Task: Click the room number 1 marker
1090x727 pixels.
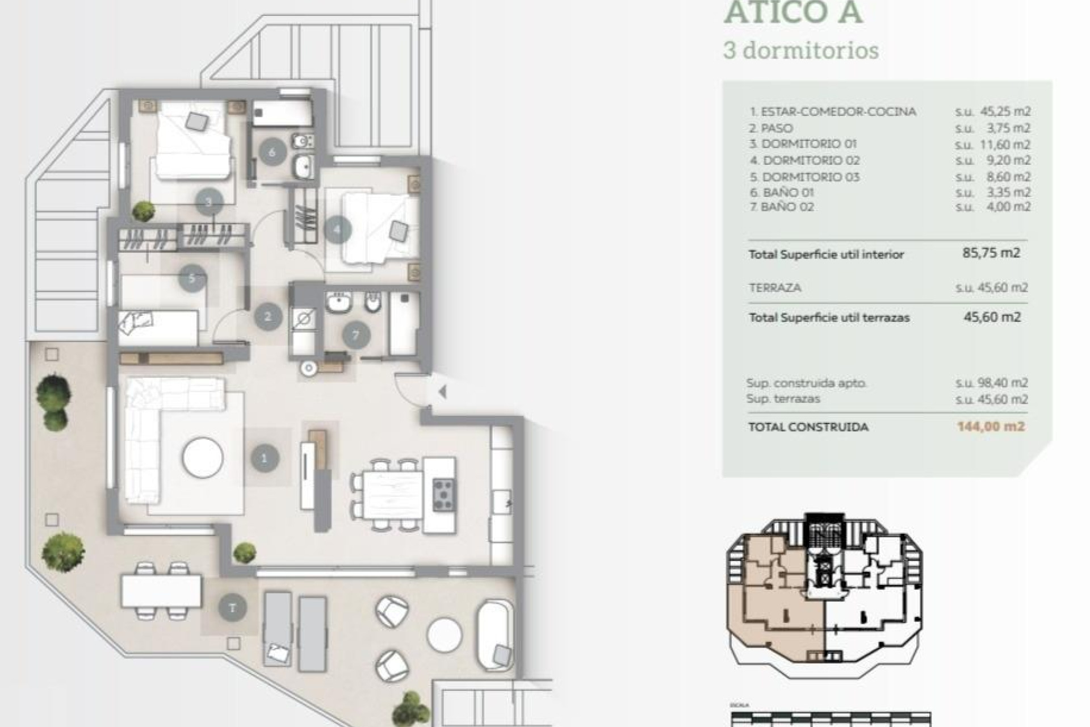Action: [x=264, y=458]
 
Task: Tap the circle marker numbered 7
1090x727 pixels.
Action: [x=356, y=335]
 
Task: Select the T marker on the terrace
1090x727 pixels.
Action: [x=232, y=608]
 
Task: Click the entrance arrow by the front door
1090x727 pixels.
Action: [x=442, y=391]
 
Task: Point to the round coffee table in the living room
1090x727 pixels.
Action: [x=203, y=457]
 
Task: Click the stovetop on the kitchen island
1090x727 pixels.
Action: [x=443, y=495]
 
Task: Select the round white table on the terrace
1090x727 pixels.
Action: [x=445, y=635]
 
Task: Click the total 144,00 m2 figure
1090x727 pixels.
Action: [x=991, y=427]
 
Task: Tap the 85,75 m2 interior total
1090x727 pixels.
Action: [x=991, y=253]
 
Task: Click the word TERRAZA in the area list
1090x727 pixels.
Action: [x=775, y=288]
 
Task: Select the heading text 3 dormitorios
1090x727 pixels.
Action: [x=801, y=51]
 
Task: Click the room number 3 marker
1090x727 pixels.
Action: [x=208, y=202]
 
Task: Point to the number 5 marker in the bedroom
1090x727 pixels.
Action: [x=192, y=278]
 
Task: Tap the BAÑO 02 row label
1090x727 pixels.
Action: [x=787, y=207]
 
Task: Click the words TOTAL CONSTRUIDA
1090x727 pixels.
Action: [x=808, y=427]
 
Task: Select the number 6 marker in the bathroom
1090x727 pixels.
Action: [x=272, y=152]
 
